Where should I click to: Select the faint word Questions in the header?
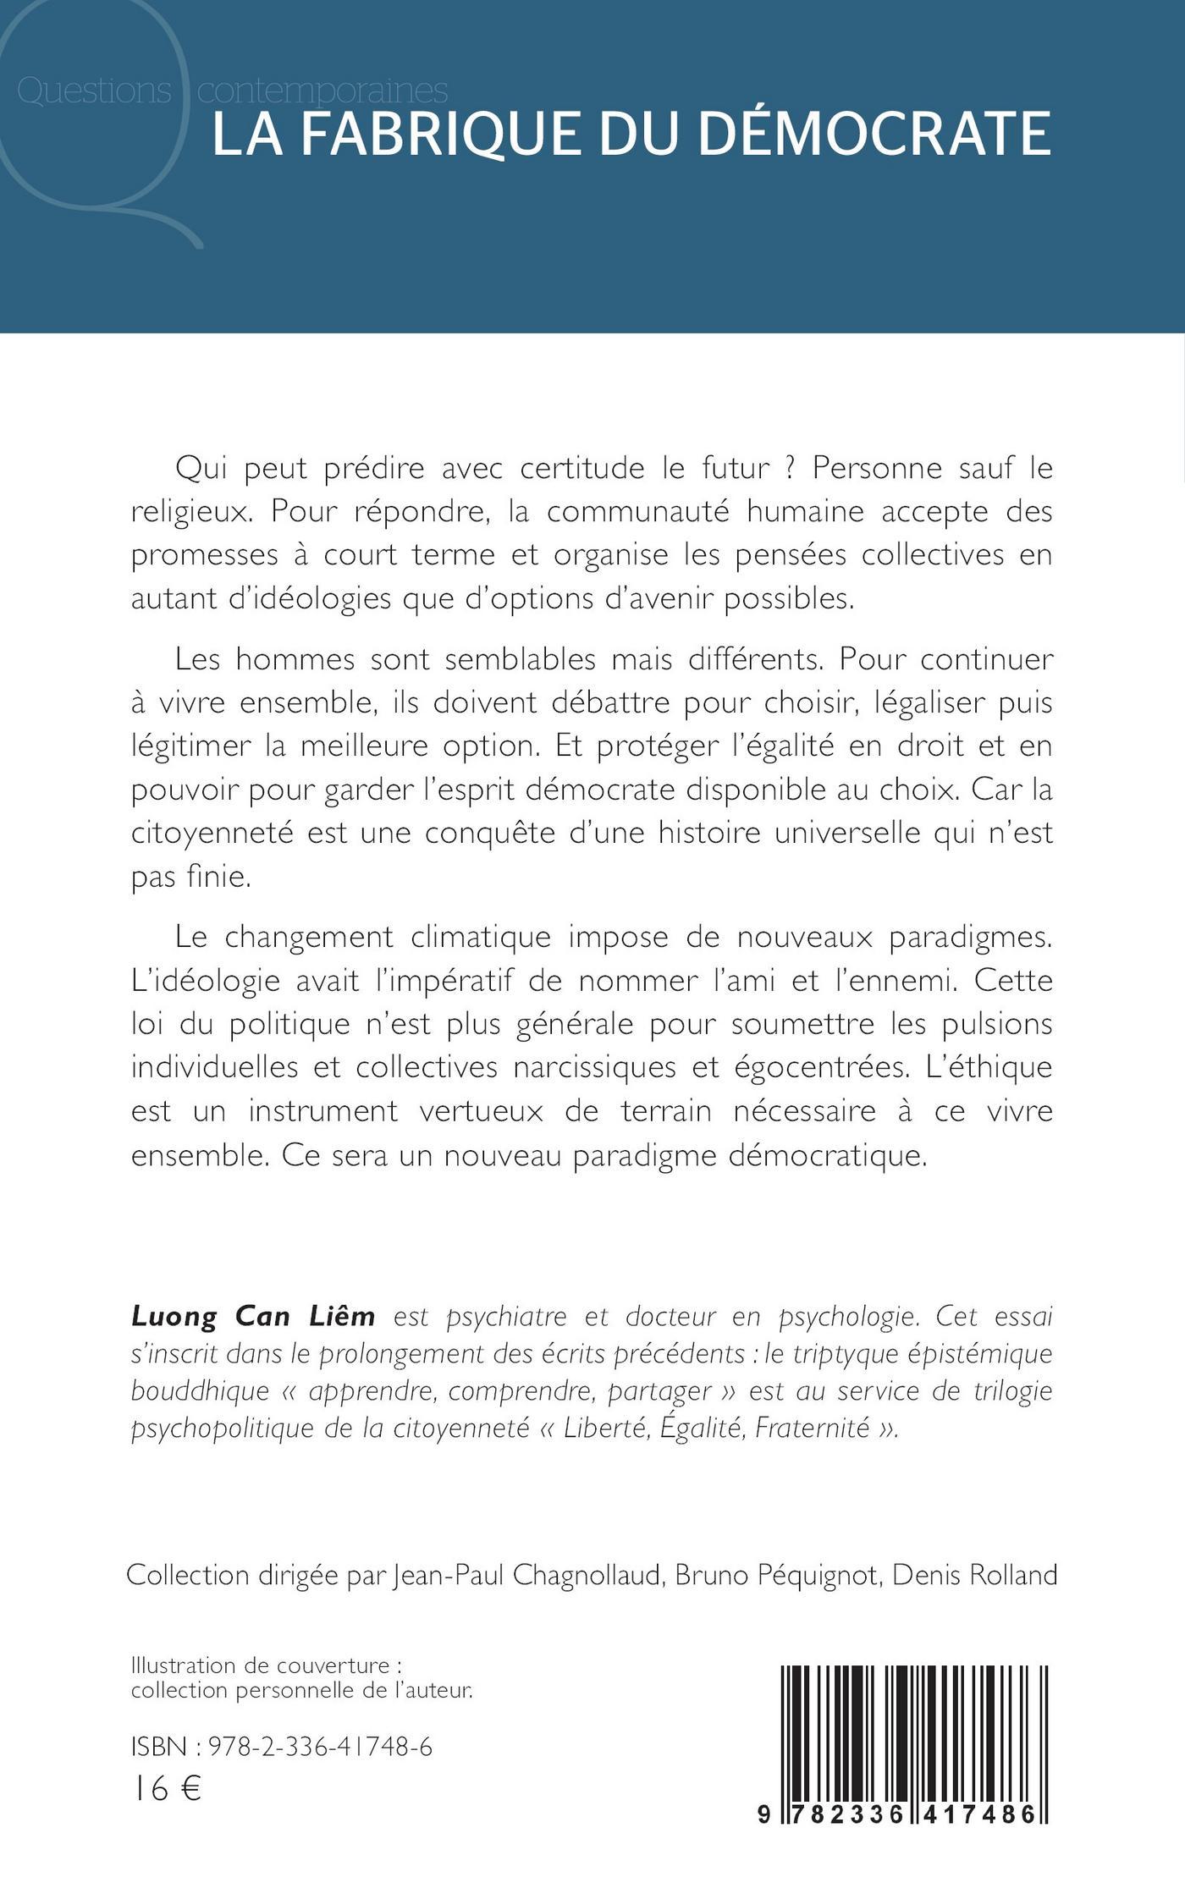94,91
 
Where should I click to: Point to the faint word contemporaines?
322,91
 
